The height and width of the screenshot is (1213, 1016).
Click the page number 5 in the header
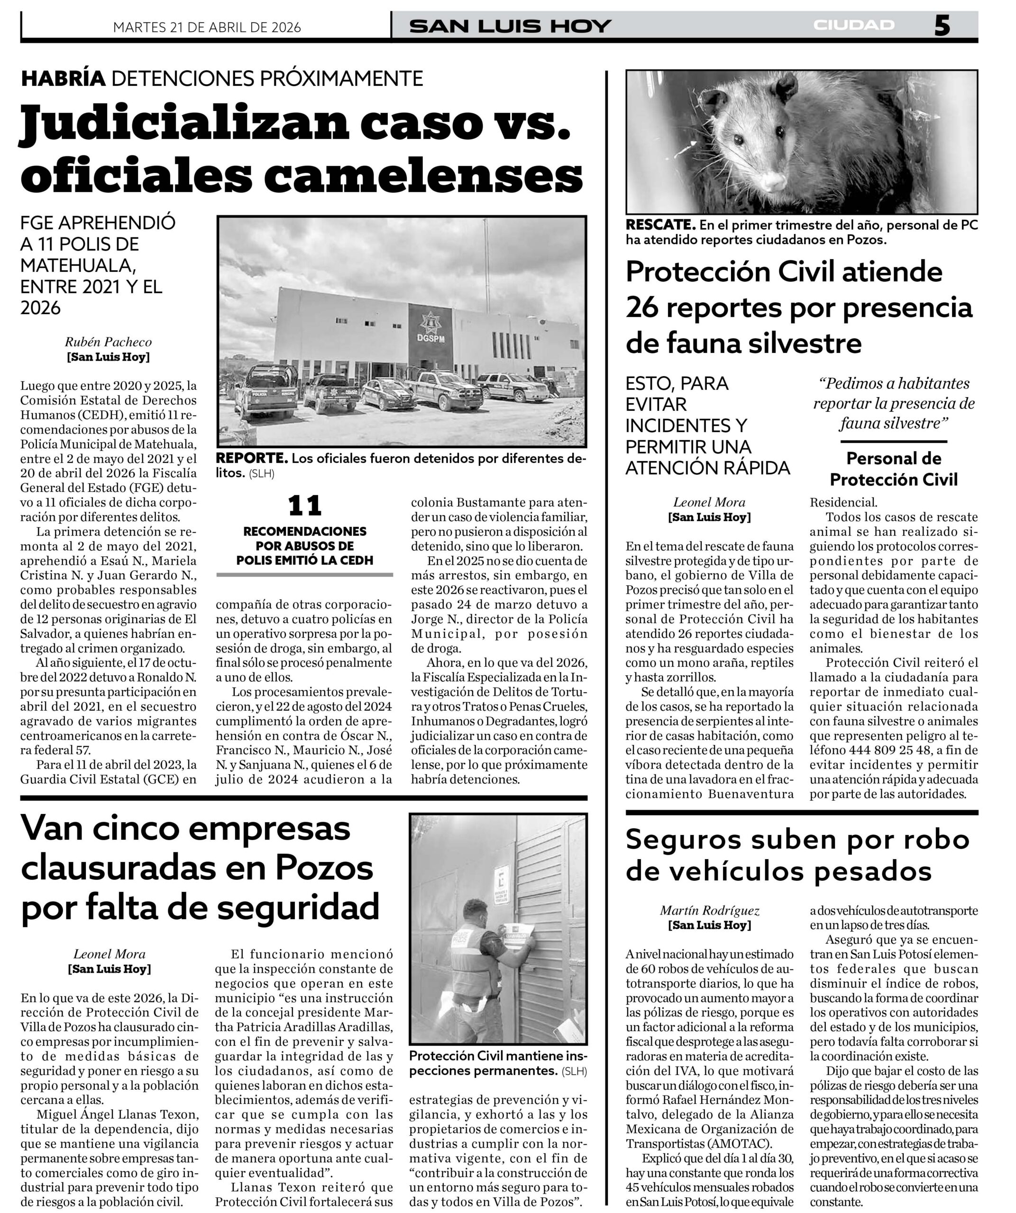[x=942, y=26]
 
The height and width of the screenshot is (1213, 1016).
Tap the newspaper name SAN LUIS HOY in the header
[x=510, y=27]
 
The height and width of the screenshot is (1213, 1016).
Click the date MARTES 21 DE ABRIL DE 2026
[x=207, y=27]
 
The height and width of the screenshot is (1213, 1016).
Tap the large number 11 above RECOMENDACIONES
[x=304, y=506]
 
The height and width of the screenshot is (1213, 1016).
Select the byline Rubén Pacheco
[x=108, y=342]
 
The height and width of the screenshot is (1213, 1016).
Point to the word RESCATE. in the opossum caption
[x=660, y=225]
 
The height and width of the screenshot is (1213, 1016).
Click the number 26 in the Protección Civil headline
[x=644, y=308]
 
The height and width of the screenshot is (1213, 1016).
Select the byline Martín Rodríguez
[x=710, y=910]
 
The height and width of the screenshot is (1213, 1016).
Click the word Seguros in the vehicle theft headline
[x=682, y=840]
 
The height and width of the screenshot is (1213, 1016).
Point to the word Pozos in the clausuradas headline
[x=324, y=867]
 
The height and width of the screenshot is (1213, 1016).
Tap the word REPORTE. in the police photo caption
[x=251, y=459]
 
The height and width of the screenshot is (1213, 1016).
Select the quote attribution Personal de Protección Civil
[x=894, y=469]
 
